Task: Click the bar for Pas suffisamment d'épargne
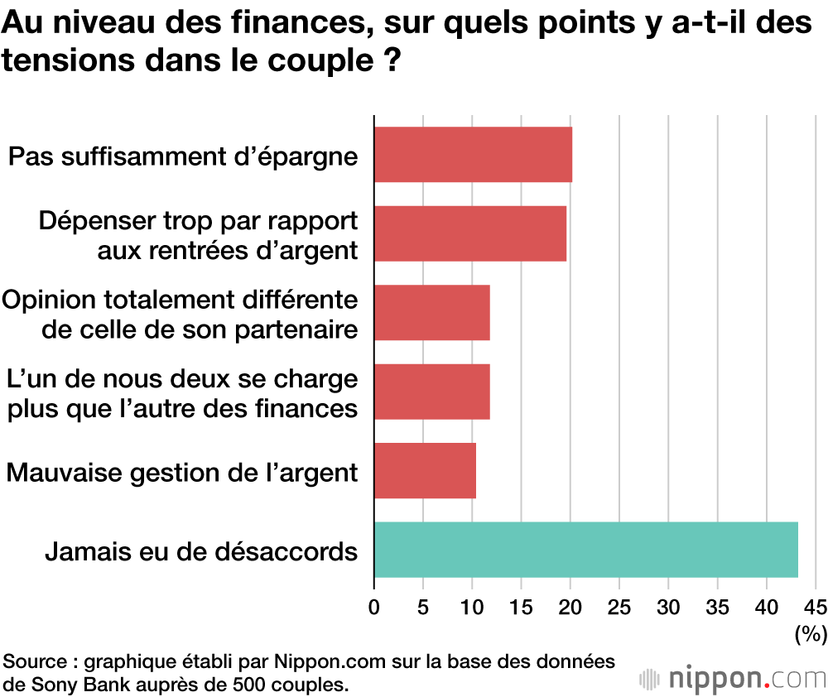473,154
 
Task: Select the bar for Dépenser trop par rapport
470,233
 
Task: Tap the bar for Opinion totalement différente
431,312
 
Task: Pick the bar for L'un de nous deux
431,392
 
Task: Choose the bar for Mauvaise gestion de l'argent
425,470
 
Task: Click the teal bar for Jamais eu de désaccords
585,550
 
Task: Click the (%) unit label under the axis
810,635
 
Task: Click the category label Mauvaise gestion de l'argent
182,473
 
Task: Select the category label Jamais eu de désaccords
201,550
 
